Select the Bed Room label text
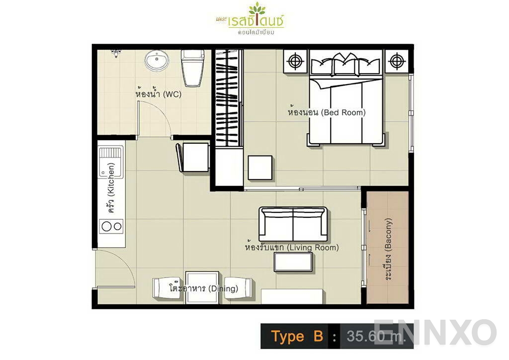click(x=327, y=112)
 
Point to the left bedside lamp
click(x=295, y=61)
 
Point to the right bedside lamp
click(x=396, y=61)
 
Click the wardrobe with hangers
click(x=229, y=97)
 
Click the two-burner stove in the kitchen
click(x=111, y=226)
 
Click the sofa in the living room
click(x=293, y=224)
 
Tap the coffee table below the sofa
click(x=293, y=262)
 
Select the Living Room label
click(x=292, y=247)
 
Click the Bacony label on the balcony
click(x=389, y=249)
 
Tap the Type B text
click(x=297, y=337)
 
